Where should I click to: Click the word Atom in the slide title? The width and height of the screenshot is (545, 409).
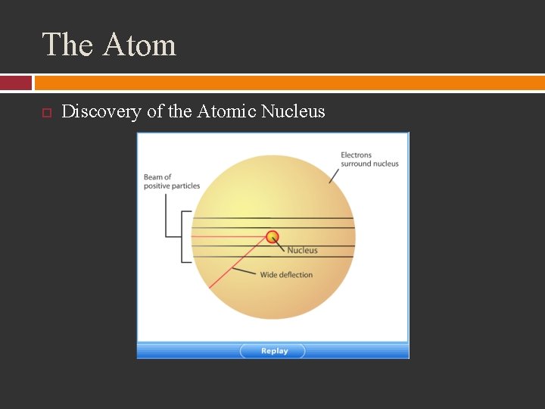pyautogui.click(x=139, y=45)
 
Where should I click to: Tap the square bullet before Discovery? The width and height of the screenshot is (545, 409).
pyautogui.click(x=45, y=113)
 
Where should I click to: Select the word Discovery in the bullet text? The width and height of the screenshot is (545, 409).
pyautogui.click(x=101, y=112)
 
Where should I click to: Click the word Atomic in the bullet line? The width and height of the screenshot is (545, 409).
pyautogui.click(x=226, y=112)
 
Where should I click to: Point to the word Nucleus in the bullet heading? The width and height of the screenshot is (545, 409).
pyautogui.click(x=292, y=112)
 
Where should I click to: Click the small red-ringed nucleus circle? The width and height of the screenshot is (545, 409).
pyautogui.click(x=272, y=236)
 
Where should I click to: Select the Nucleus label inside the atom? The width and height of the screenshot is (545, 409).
pyautogui.click(x=302, y=250)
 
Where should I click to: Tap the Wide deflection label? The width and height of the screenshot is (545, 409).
pyautogui.click(x=286, y=275)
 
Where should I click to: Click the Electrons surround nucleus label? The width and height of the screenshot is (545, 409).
pyautogui.click(x=369, y=159)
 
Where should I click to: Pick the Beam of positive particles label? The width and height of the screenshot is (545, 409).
pyautogui.click(x=172, y=181)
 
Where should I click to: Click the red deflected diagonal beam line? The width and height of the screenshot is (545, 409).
pyautogui.click(x=235, y=265)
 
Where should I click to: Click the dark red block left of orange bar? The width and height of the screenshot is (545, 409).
pyautogui.click(x=16, y=83)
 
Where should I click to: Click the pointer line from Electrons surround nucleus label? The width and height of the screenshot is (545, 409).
pyautogui.click(x=334, y=175)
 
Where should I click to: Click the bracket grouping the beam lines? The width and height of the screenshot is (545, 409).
pyautogui.click(x=182, y=237)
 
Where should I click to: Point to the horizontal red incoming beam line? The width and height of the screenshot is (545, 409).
pyautogui.click(x=227, y=236)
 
